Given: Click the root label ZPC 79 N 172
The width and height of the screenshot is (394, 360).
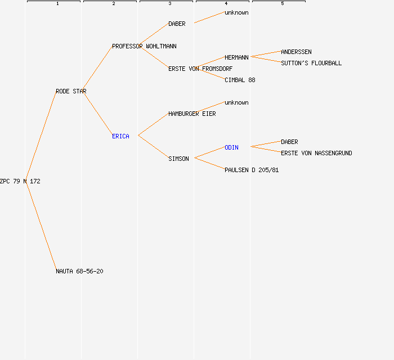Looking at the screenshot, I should click(x=20, y=181).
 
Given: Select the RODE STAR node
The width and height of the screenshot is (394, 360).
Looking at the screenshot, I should click(x=71, y=91).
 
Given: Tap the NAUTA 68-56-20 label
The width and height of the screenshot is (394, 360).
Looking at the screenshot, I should click(x=79, y=271).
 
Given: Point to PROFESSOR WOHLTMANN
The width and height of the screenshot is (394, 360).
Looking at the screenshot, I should click(x=144, y=46).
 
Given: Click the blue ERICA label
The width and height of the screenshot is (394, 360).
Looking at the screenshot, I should click(x=120, y=136).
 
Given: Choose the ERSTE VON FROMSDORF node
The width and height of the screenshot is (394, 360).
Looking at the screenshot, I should click(x=200, y=69).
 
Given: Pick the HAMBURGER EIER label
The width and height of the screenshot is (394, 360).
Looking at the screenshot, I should click(x=192, y=114).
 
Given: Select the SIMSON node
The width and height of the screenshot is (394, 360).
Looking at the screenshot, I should click(x=178, y=159).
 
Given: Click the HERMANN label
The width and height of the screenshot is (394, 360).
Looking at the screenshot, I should click(x=236, y=57).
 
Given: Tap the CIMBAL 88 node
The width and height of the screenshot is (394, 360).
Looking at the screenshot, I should click(x=240, y=80).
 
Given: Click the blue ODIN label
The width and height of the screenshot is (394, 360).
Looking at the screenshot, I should click(x=231, y=147).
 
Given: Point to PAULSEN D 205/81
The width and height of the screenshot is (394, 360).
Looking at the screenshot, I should click(x=252, y=170).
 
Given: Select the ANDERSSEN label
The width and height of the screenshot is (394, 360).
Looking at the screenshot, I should click(x=296, y=52).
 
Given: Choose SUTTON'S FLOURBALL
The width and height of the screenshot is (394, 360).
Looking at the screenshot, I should click(x=311, y=63).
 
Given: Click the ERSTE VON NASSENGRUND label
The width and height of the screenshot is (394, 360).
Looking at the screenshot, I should click(x=316, y=153).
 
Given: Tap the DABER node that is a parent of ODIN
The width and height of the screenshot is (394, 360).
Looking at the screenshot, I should click(x=289, y=142).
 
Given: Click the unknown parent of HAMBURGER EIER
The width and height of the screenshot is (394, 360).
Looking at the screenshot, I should click(x=236, y=102).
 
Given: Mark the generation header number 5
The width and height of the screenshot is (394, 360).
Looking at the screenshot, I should click(x=282, y=4).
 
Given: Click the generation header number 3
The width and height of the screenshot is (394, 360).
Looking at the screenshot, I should click(x=169, y=4).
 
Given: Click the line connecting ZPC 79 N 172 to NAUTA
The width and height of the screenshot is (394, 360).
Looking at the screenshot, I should click(x=41, y=225).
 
